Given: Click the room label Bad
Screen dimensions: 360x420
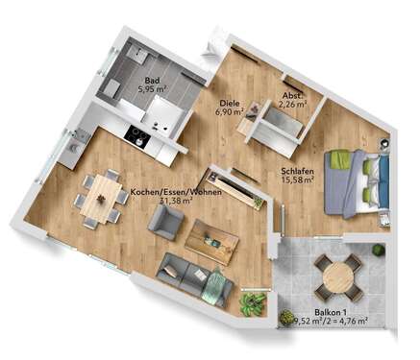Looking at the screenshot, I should tap(152, 81).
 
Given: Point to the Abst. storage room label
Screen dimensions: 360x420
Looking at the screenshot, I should tap(293, 94).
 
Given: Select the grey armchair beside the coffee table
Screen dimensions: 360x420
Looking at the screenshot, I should tap(164, 225).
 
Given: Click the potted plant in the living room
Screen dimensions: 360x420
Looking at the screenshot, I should tap(252, 304).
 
